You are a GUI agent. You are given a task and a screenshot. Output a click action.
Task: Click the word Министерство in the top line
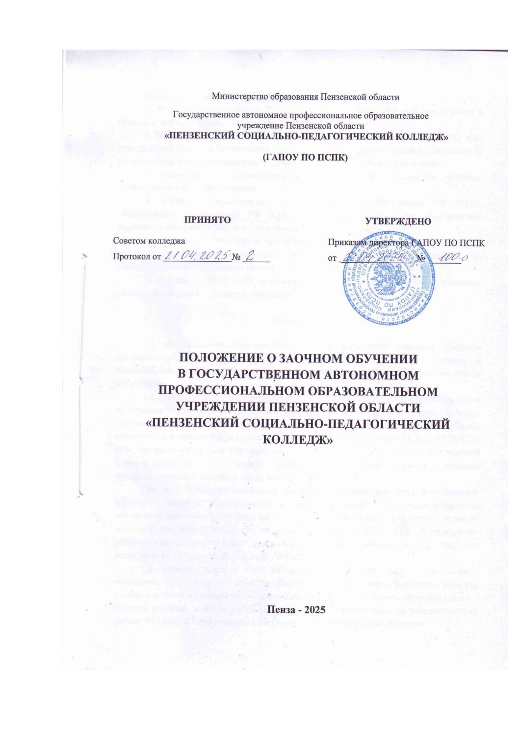234,97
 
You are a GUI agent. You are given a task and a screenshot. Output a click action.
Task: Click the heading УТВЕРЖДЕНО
398,221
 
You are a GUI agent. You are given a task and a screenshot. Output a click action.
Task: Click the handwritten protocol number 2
250,255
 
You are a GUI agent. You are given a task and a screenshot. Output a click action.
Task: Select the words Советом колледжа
149,241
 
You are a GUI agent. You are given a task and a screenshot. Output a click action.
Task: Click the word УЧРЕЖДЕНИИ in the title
226,407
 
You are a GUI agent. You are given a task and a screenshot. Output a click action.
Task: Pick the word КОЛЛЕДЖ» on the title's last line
298,439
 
